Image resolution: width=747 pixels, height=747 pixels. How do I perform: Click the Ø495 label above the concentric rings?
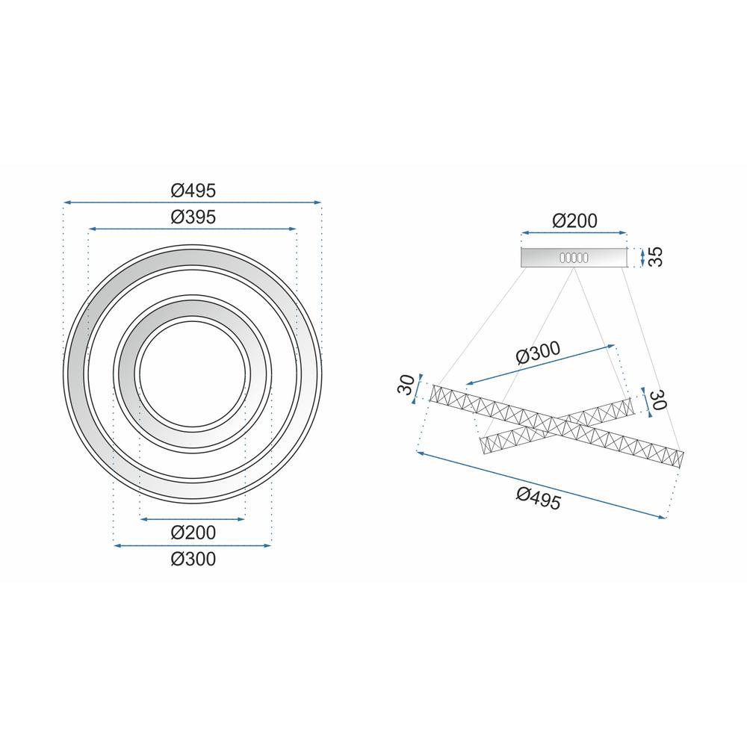(x=193, y=190)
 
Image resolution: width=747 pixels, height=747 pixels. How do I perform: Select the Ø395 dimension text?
(x=193, y=217)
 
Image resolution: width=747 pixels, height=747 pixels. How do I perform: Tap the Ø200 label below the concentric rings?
(x=193, y=532)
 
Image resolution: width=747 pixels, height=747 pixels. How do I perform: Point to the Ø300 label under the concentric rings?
(x=193, y=559)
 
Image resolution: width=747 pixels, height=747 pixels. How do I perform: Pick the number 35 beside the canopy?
(x=656, y=257)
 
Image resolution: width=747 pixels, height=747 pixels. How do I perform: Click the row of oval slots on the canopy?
(x=573, y=257)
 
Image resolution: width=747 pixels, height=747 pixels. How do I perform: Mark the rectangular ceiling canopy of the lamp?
(x=538, y=257)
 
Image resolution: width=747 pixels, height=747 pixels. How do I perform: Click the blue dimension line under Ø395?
(x=193, y=229)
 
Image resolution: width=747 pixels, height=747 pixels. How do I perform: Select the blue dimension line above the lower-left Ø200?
(x=193, y=519)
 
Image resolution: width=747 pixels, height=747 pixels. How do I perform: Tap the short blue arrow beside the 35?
(x=643, y=257)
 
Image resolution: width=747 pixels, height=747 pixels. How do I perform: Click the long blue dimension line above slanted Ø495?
(x=541, y=486)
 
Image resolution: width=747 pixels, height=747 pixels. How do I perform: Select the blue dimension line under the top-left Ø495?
(x=193, y=202)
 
